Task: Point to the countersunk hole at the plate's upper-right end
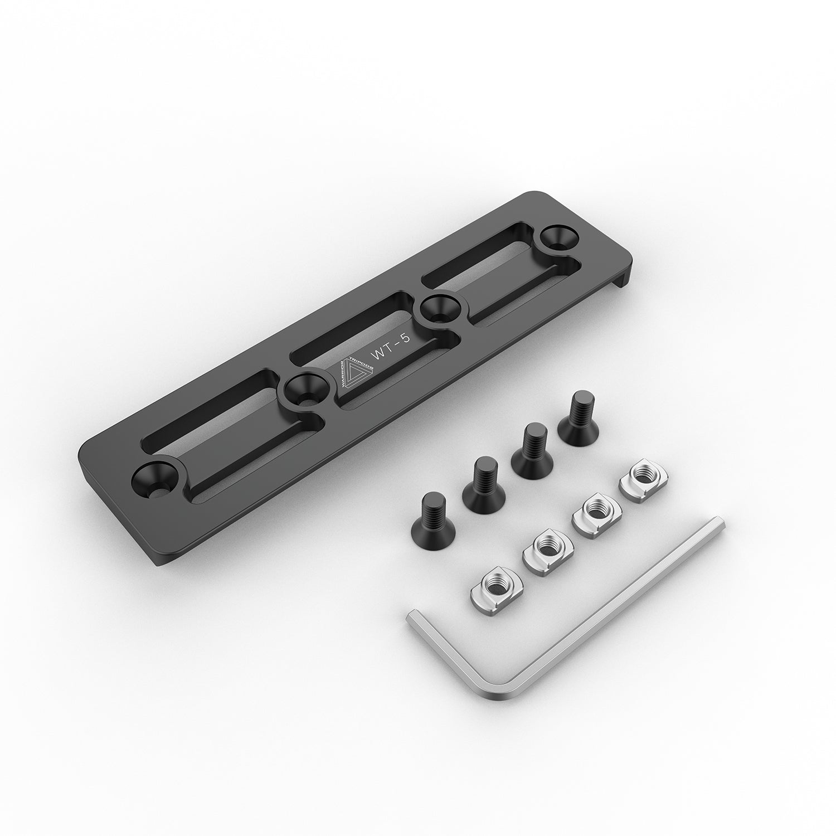pos(560,239)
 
